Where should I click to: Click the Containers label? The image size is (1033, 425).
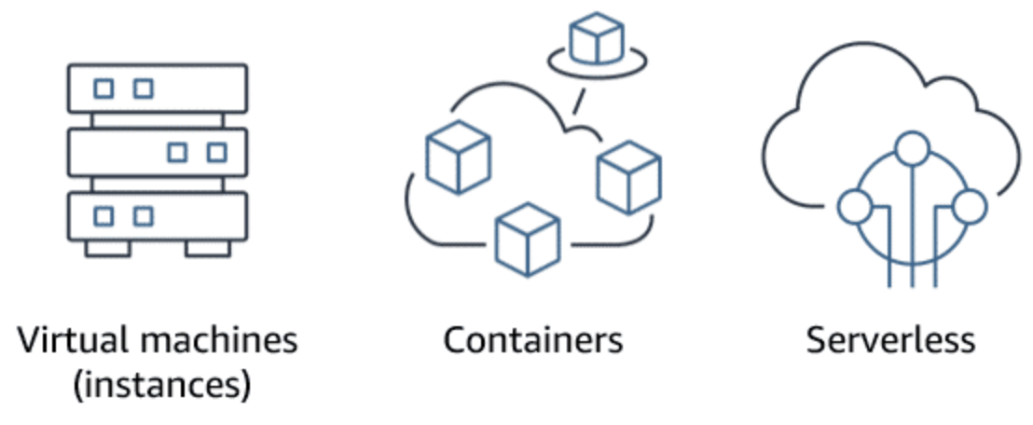pyautogui.click(x=533, y=340)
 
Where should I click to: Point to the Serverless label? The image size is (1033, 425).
pyautogui.click(x=890, y=340)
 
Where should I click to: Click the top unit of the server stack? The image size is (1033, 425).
pyautogui.click(x=157, y=89)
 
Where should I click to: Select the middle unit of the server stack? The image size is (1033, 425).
pyautogui.click(x=157, y=152)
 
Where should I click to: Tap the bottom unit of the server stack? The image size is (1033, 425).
pyautogui.click(x=157, y=216)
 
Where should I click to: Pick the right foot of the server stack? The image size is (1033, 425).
pyautogui.click(x=208, y=248)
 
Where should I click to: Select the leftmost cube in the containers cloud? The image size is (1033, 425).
pyautogui.click(x=457, y=157)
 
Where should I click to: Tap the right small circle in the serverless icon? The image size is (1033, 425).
pyautogui.click(x=971, y=207)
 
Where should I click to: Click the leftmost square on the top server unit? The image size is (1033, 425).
pyautogui.click(x=104, y=89)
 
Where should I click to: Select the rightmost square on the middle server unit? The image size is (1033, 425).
pyautogui.click(x=216, y=152)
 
